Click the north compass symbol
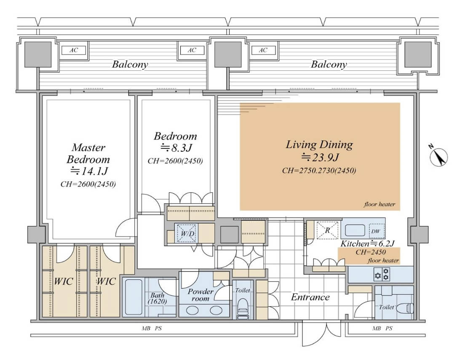pos(438,156)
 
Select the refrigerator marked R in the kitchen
pos(327,230)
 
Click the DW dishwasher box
pos(375,231)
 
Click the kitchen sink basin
pos(355,230)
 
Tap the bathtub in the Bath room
pos(134,297)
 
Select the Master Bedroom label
pos(88,153)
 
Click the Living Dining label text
pos(319,144)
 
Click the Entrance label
pos(310,297)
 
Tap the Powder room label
pos(200,295)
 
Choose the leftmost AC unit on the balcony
pos(74,50)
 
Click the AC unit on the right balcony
pos(263,50)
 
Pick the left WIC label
pos(63,281)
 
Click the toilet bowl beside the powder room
pos(243,306)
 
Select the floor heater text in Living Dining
pos(379,204)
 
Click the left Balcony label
pos(130,64)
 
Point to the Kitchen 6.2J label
pos(367,244)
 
